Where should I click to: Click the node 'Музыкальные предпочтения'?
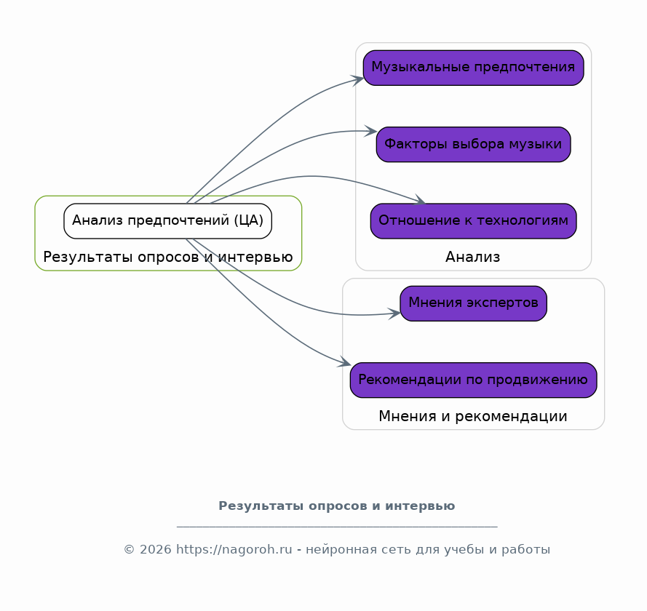coord(473,68)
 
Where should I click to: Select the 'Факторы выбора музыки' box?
coord(473,144)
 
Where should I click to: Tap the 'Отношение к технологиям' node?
coord(473,221)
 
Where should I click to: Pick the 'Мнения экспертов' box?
coord(473,303)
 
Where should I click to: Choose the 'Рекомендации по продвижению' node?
coord(473,380)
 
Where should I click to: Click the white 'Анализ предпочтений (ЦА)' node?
coord(167,221)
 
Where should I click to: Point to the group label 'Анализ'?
coord(473,257)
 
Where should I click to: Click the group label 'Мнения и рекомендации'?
coord(473,416)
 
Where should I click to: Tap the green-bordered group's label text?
coord(167,257)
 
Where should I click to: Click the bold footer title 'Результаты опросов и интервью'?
coord(336,506)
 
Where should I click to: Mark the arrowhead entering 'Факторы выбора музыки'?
coord(371,131)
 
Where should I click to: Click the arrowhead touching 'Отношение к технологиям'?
coord(421,201)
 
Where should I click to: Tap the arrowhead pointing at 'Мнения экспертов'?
coord(394,314)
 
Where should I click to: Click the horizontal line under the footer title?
coord(336,526)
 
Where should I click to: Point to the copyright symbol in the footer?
coord(129,550)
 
